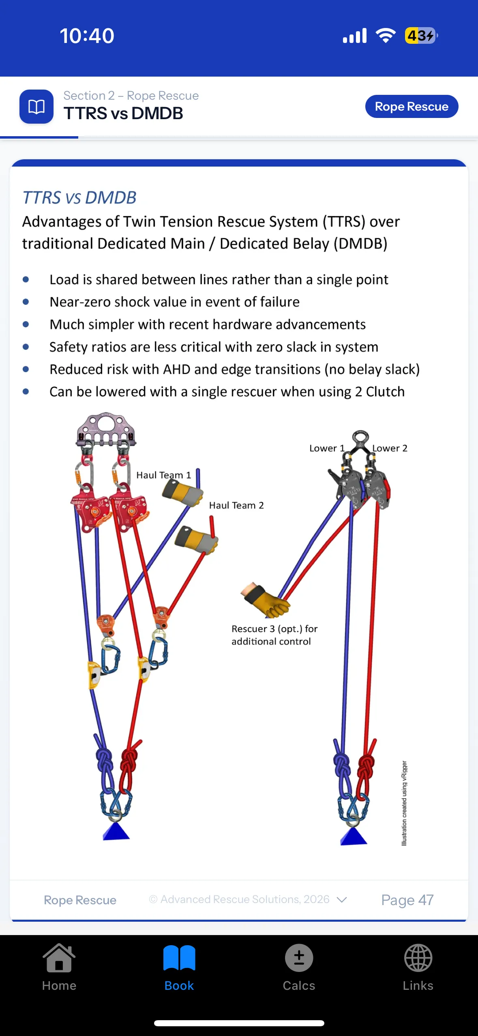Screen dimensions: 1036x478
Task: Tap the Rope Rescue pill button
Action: point(411,107)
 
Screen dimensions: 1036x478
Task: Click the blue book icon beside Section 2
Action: point(36,107)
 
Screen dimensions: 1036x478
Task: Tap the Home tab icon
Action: point(59,958)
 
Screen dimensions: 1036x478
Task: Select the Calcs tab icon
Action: point(299,958)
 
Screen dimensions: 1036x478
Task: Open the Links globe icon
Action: point(418,958)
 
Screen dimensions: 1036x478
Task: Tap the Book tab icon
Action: point(179,958)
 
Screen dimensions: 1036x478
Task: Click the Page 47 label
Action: point(407,900)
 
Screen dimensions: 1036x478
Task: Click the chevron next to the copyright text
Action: point(342,900)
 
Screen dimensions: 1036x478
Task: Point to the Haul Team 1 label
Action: point(163,475)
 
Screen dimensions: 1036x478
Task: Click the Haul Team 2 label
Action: point(236,505)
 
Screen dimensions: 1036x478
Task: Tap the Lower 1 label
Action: point(327,448)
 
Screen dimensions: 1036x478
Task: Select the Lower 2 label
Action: point(390,448)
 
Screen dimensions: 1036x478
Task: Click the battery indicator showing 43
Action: point(420,36)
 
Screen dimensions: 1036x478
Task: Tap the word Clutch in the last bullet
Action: point(385,392)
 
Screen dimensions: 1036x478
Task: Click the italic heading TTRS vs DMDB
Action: point(79,198)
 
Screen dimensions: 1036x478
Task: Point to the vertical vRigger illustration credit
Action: point(404,803)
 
